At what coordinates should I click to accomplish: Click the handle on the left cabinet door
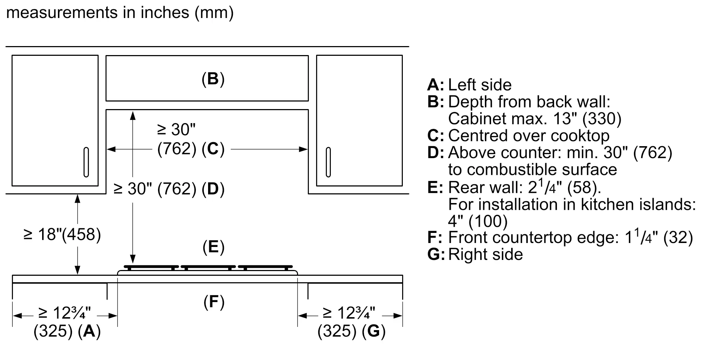(86, 162)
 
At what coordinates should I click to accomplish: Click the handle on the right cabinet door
(328, 162)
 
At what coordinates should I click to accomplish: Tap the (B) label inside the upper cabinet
(213, 78)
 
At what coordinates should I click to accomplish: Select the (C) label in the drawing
(213, 148)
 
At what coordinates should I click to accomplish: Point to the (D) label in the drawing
(213, 189)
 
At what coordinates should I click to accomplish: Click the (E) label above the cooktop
(213, 247)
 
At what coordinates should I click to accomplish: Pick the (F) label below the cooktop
(214, 302)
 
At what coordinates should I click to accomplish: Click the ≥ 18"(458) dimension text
(62, 234)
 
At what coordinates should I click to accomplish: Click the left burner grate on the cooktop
(151, 268)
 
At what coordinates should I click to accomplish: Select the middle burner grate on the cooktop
(208, 268)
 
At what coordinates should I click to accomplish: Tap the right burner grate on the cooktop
(265, 268)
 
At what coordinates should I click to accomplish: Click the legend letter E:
(435, 187)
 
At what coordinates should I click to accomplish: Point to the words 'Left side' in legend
(480, 85)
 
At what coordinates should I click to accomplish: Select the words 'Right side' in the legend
(486, 254)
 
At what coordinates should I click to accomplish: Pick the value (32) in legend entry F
(678, 238)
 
